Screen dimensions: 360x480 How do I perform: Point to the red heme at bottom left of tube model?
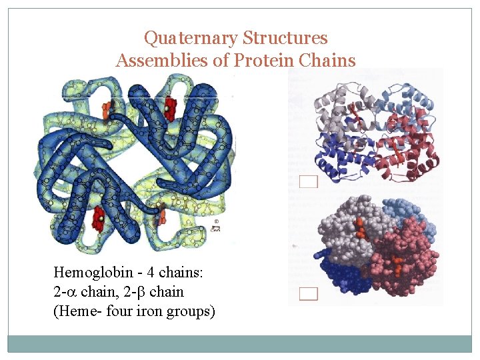coord(99,217)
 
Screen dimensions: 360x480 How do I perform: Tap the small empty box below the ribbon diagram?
coord(309,181)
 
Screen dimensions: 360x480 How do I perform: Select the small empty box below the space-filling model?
coord(309,293)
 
